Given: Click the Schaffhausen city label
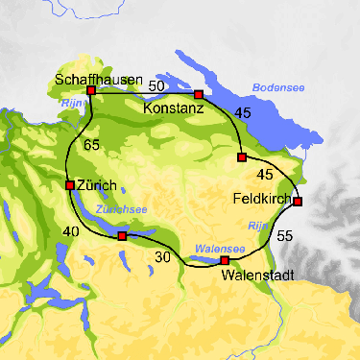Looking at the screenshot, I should coord(100,78).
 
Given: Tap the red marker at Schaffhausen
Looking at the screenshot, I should coord(91,90).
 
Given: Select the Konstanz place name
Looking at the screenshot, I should coord(173,109).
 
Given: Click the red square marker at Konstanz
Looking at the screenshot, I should coord(199,95).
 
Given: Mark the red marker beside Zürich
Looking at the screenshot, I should coord(69,185).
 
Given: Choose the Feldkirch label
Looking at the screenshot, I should coord(262,199).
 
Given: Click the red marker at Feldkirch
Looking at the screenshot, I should coord(298,202).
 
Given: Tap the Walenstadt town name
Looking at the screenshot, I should coord(252,276).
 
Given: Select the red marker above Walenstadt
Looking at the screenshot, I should coord(225,260).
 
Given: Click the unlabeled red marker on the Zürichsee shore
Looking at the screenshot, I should coord(122,235).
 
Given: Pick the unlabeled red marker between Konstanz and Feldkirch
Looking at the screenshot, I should coord(242,156).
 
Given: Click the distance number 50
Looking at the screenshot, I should coord(157,86).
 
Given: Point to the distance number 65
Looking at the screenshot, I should coord(92,145).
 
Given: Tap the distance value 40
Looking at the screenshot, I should coord(44,231).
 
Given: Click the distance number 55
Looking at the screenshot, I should coord(284,235).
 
